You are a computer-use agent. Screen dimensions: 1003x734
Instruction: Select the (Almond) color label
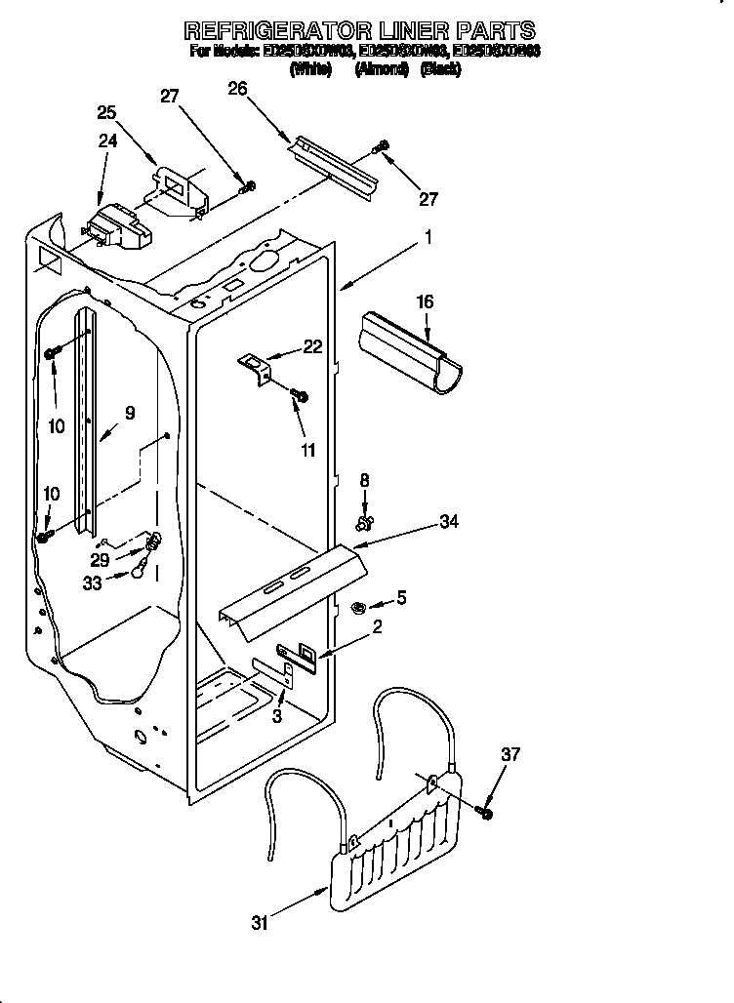click(x=382, y=69)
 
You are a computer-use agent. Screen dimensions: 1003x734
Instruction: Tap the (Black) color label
click(x=439, y=69)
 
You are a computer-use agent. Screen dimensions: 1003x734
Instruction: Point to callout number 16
click(x=426, y=301)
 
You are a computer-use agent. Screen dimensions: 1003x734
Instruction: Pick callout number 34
click(x=449, y=522)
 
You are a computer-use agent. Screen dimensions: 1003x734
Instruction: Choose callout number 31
click(x=259, y=922)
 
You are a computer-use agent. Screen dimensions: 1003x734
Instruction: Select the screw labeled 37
click(x=485, y=811)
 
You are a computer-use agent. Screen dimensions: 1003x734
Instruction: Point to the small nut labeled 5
click(x=357, y=608)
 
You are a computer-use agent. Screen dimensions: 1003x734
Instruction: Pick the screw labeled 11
click(x=300, y=396)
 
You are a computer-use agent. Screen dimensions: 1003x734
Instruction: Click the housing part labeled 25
click(x=183, y=190)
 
